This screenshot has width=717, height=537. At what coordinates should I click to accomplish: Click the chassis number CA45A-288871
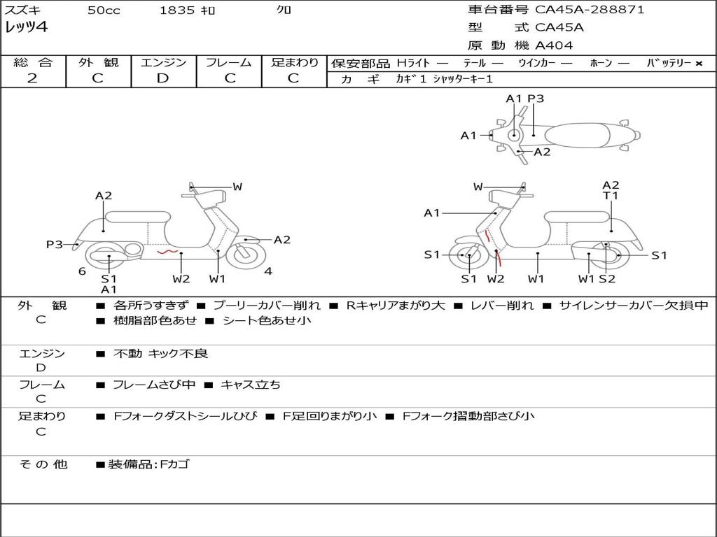pyautogui.click(x=590, y=10)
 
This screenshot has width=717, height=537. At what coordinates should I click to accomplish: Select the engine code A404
pyautogui.click(x=554, y=45)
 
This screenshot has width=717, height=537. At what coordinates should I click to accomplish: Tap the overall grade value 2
pyautogui.click(x=32, y=78)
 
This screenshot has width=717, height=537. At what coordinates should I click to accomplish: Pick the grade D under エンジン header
pyautogui.click(x=162, y=78)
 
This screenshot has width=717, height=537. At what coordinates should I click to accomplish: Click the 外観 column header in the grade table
pyautogui.click(x=98, y=62)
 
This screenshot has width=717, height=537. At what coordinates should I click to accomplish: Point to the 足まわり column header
pyautogui.click(x=294, y=62)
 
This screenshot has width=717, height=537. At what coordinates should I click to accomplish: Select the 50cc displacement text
pyautogui.click(x=104, y=10)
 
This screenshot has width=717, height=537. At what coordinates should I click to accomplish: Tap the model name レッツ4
pyautogui.click(x=27, y=28)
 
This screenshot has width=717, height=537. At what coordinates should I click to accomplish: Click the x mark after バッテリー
pyautogui.click(x=699, y=63)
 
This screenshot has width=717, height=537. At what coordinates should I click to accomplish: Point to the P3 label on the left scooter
pyautogui.click(x=55, y=244)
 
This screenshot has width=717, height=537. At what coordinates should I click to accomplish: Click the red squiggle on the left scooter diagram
pyautogui.click(x=166, y=250)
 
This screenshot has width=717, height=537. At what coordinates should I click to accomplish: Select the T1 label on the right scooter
pyautogui.click(x=611, y=196)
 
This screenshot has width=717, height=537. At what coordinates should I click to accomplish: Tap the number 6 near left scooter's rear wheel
pyautogui.click(x=82, y=271)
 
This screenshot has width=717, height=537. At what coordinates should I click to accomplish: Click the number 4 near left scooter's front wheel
pyautogui.click(x=268, y=271)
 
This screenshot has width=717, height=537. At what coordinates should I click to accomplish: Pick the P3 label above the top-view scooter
pyautogui.click(x=536, y=99)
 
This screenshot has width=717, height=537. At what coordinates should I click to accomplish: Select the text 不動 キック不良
pyautogui.click(x=160, y=354)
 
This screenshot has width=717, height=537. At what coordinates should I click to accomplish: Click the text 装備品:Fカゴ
pyautogui.click(x=148, y=464)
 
